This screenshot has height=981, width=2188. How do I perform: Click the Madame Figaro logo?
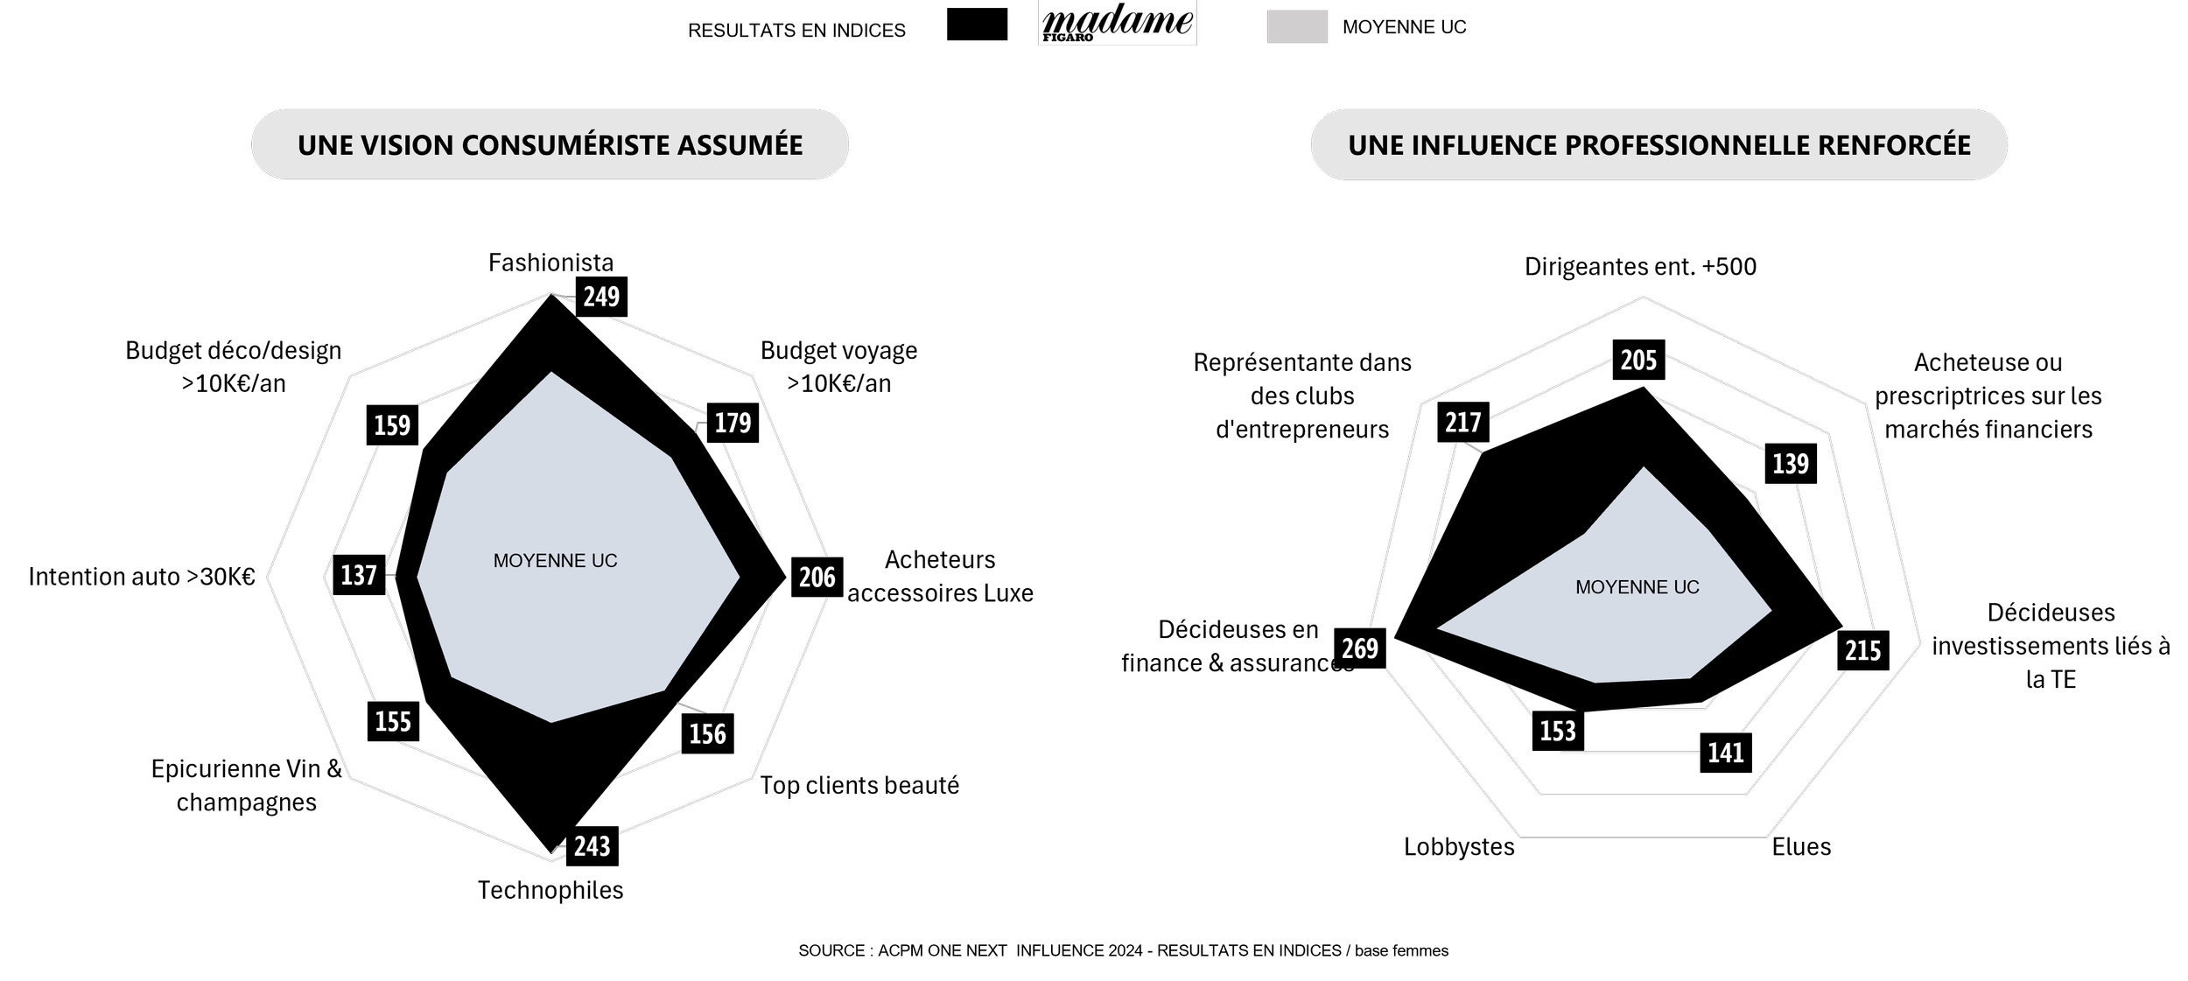[1117, 24]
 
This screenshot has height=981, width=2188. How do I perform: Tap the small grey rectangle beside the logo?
[1297, 26]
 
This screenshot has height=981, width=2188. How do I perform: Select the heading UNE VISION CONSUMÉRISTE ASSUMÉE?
[550, 145]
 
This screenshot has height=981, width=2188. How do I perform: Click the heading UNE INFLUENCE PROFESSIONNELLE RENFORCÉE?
[1659, 145]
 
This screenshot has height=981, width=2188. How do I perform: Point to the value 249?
[601, 298]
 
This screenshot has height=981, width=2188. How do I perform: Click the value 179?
[733, 424]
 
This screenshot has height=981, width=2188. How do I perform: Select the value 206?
[817, 578]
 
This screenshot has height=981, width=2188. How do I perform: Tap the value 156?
[707, 734]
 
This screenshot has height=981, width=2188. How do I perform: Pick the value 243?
[592, 847]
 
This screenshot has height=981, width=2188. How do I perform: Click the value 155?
[393, 722]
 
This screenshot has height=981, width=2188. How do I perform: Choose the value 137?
[359, 576]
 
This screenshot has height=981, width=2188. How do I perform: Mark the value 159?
[392, 426]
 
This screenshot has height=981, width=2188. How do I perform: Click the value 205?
[1638, 361]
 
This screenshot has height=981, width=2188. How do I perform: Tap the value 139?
[1791, 464]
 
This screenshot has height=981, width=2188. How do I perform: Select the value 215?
[1862, 651]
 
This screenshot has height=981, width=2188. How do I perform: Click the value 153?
[1558, 732]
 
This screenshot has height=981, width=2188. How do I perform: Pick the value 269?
[1360, 648]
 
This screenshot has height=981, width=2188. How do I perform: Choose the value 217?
[1463, 424]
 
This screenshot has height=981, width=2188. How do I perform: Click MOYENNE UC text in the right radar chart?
[1637, 588]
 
